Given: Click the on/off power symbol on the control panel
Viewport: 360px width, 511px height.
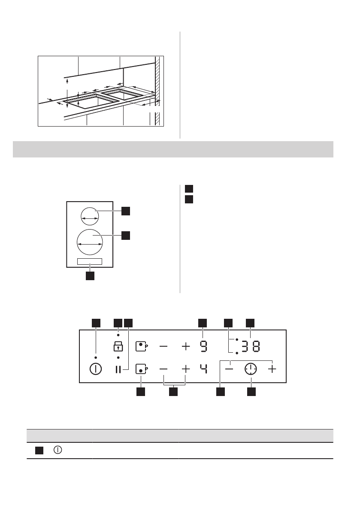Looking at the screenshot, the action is click(x=96, y=369).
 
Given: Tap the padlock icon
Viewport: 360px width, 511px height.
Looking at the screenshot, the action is click(x=118, y=346).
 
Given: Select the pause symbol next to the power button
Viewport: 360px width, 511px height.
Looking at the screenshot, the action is click(x=118, y=369).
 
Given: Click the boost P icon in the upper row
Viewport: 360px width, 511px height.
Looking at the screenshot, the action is click(x=141, y=346).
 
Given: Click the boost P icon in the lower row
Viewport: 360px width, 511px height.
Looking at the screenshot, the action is click(x=141, y=369).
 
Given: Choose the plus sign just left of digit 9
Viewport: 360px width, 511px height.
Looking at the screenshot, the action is click(x=185, y=346).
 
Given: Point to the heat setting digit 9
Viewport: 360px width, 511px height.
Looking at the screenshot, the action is click(x=203, y=346).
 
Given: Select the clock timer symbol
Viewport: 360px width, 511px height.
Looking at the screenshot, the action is click(x=251, y=369).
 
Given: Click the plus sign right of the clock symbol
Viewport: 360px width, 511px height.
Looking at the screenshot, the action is click(x=272, y=369).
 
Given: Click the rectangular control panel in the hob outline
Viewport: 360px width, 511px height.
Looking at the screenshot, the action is click(x=90, y=261).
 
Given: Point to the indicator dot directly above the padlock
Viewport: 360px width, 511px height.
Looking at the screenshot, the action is click(x=118, y=334).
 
